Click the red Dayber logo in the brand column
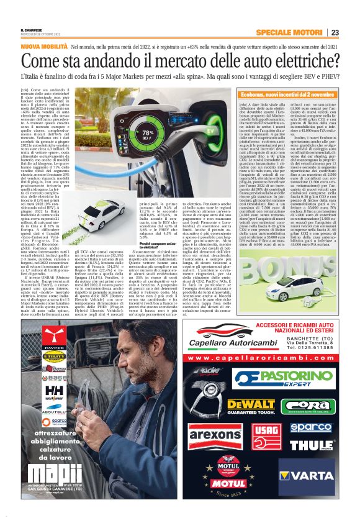click(55, 342)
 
